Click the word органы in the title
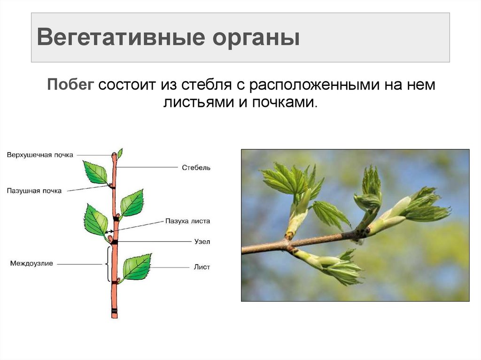click(x=256, y=38)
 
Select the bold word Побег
click(x=71, y=85)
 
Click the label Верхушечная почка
click(x=40, y=155)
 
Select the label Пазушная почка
click(x=34, y=191)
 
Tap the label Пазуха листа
click(x=187, y=221)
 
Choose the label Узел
click(x=202, y=242)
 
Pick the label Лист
click(x=202, y=267)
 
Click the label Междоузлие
click(x=31, y=264)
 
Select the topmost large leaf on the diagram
click(x=95, y=172)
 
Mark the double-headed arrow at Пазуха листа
click(x=109, y=232)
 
